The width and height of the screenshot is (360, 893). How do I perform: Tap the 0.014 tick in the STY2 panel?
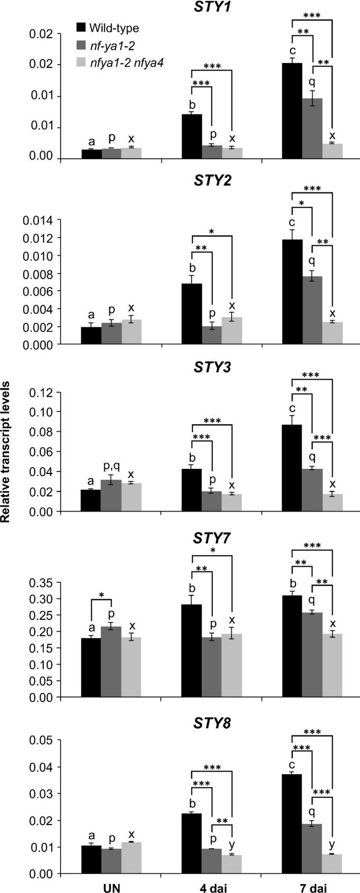pyautogui.click(x=40, y=220)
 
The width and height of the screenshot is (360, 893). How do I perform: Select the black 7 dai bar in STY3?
pyautogui.click(x=292, y=468)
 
